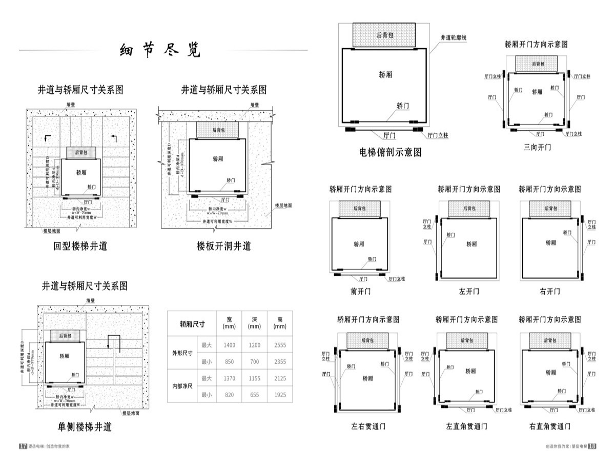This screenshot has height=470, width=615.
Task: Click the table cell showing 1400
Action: pyautogui.click(x=229, y=345)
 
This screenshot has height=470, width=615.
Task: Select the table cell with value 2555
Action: pyautogui.click(x=280, y=345)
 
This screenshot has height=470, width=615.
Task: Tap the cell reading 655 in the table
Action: pyautogui.click(x=254, y=395)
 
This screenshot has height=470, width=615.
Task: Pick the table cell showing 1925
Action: pyautogui.click(x=280, y=395)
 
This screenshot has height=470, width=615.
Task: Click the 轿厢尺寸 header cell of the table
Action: pyautogui.click(x=192, y=324)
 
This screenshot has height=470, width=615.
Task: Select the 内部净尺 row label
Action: pyautogui.click(x=183, y=386)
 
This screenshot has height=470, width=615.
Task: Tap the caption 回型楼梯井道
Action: pyautogui.click(x=80, y=246)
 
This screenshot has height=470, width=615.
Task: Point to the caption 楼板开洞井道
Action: pyautogui.click(x=224, y=246)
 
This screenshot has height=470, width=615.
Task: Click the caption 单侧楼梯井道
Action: pyautogui.click(x=85, y=426)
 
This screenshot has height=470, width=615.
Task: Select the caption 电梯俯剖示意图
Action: pyautogui.click(x=391, y=152)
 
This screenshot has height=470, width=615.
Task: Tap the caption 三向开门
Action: pyautogui.click(x=537, y=147)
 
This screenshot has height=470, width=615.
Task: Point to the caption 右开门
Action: pyautogui.click(x=550, y=291)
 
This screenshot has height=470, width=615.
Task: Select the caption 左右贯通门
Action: pyautogui.click(x=368, y=426)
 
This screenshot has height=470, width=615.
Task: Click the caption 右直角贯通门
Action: pyautogui.click(x=550, y=426)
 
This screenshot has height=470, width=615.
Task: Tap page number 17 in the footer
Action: pyautogui.click(x=23, y=446)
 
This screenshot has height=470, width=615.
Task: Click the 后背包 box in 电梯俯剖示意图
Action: pyautogui.click(x=385, y=35)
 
